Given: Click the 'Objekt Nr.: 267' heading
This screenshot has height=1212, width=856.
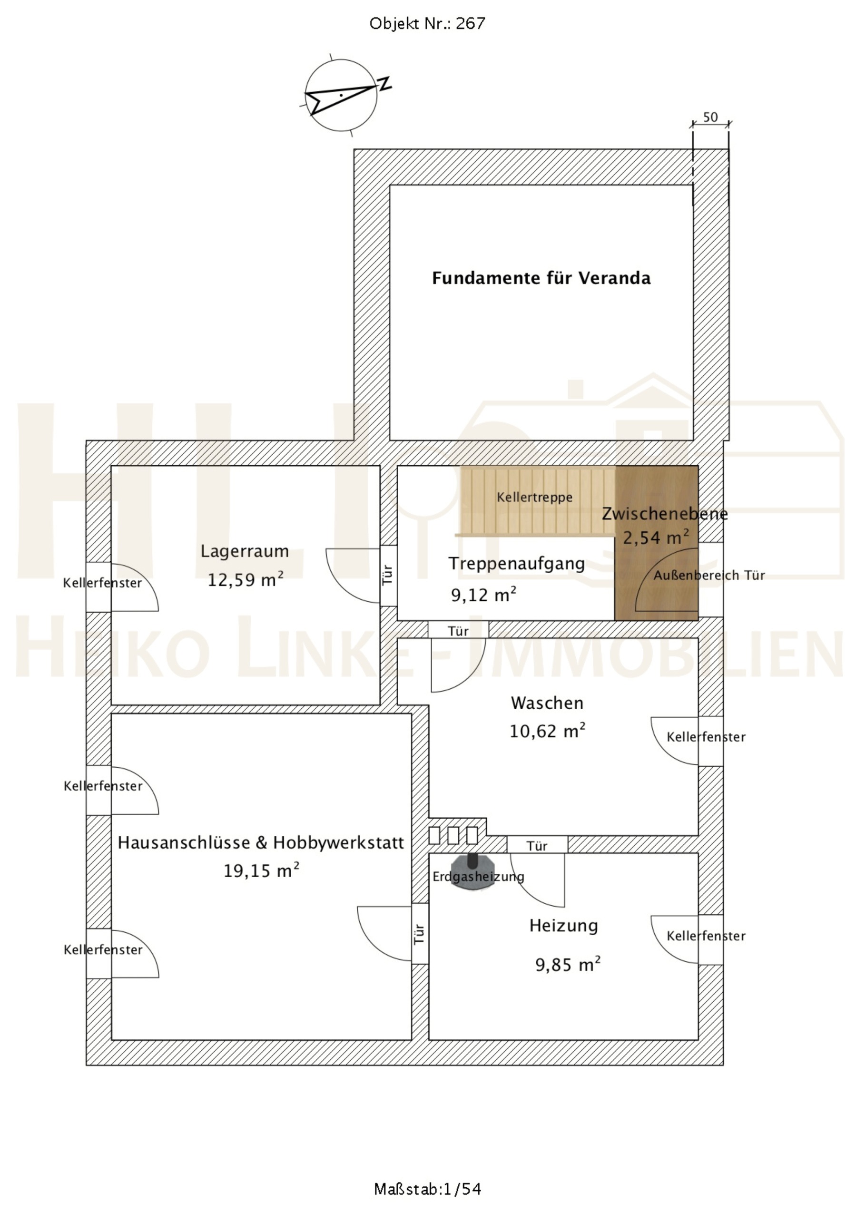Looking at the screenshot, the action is (x=427, y=24).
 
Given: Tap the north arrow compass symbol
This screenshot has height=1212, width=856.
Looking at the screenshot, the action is (x=342, y=95).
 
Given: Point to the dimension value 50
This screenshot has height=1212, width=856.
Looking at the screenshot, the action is (x=711, y=117).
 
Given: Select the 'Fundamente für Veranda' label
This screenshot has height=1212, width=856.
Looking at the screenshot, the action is (x=541, y=278).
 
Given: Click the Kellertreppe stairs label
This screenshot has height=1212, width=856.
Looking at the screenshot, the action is (x=534, y=497).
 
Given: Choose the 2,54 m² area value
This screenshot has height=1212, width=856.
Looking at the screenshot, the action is (x=656, y=538).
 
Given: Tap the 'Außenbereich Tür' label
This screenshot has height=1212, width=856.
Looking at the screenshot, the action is (x=709, y=576).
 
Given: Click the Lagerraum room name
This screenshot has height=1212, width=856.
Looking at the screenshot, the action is (x=245, y=552).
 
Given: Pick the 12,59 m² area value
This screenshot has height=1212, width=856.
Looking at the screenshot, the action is (x=246, y=580).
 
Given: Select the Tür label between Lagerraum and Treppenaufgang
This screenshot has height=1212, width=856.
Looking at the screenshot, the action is (x=388, y=575).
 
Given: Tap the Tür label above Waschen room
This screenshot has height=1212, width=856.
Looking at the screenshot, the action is (x=458, y=631).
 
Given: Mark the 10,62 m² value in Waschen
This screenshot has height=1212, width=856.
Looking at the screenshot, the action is (x=547, y=731).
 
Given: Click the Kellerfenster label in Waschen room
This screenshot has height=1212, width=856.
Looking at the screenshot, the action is (x=706, y=737).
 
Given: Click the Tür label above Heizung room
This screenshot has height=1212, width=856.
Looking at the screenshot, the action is (x=537, y=847).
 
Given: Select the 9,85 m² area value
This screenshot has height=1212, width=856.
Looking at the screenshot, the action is (x=568, y=965).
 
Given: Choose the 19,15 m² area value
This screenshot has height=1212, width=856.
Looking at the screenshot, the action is (x=261, y=870).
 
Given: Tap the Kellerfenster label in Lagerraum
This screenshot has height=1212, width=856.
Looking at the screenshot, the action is (x=102, y=583).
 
